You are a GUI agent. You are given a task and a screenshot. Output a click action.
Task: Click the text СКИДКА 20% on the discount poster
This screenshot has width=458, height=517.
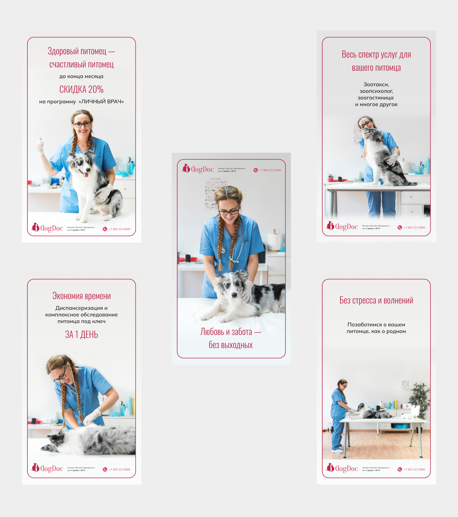coord(81,89)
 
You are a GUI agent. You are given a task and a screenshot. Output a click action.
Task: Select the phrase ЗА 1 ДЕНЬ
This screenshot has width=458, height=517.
coord(81,334)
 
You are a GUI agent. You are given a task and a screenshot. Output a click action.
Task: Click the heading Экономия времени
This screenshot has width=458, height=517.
coord(81,296)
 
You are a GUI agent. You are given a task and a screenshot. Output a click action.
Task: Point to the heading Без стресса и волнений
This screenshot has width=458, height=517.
coord(376,300)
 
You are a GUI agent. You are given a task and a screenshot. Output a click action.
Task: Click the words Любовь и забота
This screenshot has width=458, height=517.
coord(226,332)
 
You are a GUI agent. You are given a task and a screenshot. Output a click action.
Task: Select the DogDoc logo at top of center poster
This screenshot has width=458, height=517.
coord(198,169)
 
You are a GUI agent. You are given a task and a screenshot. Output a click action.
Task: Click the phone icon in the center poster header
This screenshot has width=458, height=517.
coord(255,170)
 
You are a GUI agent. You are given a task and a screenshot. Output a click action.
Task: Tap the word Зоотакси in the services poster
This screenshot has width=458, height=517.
coord(376,84)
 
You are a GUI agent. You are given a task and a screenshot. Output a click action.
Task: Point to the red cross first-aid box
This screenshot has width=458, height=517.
coord(407,406)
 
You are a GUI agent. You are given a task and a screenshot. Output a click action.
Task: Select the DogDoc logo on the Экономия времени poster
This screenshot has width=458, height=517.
coord(47,468)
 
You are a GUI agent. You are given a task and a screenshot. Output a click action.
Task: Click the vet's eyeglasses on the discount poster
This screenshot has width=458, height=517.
coord(82,125)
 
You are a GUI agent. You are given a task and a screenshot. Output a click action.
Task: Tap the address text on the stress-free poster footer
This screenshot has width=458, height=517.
coord(375,469)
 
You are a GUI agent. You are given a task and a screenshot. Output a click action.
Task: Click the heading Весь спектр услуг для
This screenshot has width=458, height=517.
coord(376,54)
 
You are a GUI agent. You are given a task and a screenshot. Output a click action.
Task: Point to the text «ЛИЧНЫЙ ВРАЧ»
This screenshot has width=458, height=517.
coord(101,101)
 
